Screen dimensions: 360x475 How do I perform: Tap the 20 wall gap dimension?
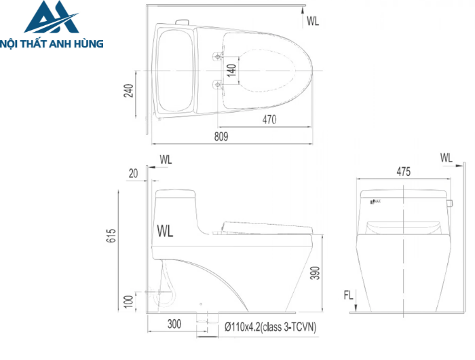click(133, 174)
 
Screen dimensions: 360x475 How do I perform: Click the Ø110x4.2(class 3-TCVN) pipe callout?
click(271, 327)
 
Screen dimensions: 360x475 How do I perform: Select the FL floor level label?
click(348, 296)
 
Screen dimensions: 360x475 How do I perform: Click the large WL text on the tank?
click(165, 231)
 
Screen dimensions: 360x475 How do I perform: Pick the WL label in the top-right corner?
click(312, 21)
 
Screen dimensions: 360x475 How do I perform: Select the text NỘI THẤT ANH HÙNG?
click(52, 43)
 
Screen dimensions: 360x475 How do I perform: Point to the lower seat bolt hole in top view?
click(218, 84)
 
